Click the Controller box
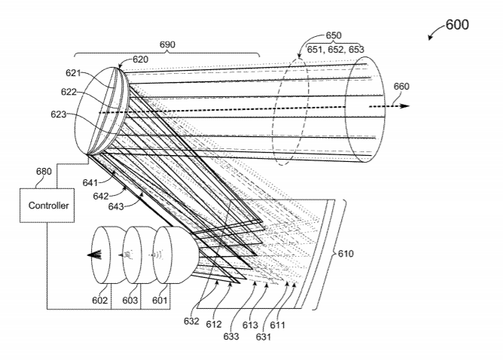tap(47, 206)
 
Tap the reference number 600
tap(457, 25)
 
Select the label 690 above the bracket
tap(167, 44)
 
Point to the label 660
tap(401, 87)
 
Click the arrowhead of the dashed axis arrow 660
tap(405, 106)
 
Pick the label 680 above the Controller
tap(44, 171)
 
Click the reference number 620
tap(141, 59)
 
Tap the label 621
tap(74, 73)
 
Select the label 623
tap(59, 114)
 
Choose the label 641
tap(90, 182)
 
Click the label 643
tap(116, 206)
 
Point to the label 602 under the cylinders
tap(99, 301)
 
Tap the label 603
tap(130, 301)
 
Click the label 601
tap(160, 301)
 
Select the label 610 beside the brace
tap(346, 254)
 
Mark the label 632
tap(191, 321)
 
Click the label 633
tap(231, 336)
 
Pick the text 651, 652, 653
tap(336, 50)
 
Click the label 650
tap(334, 35)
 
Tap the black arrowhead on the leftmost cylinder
tap(94, 255)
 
